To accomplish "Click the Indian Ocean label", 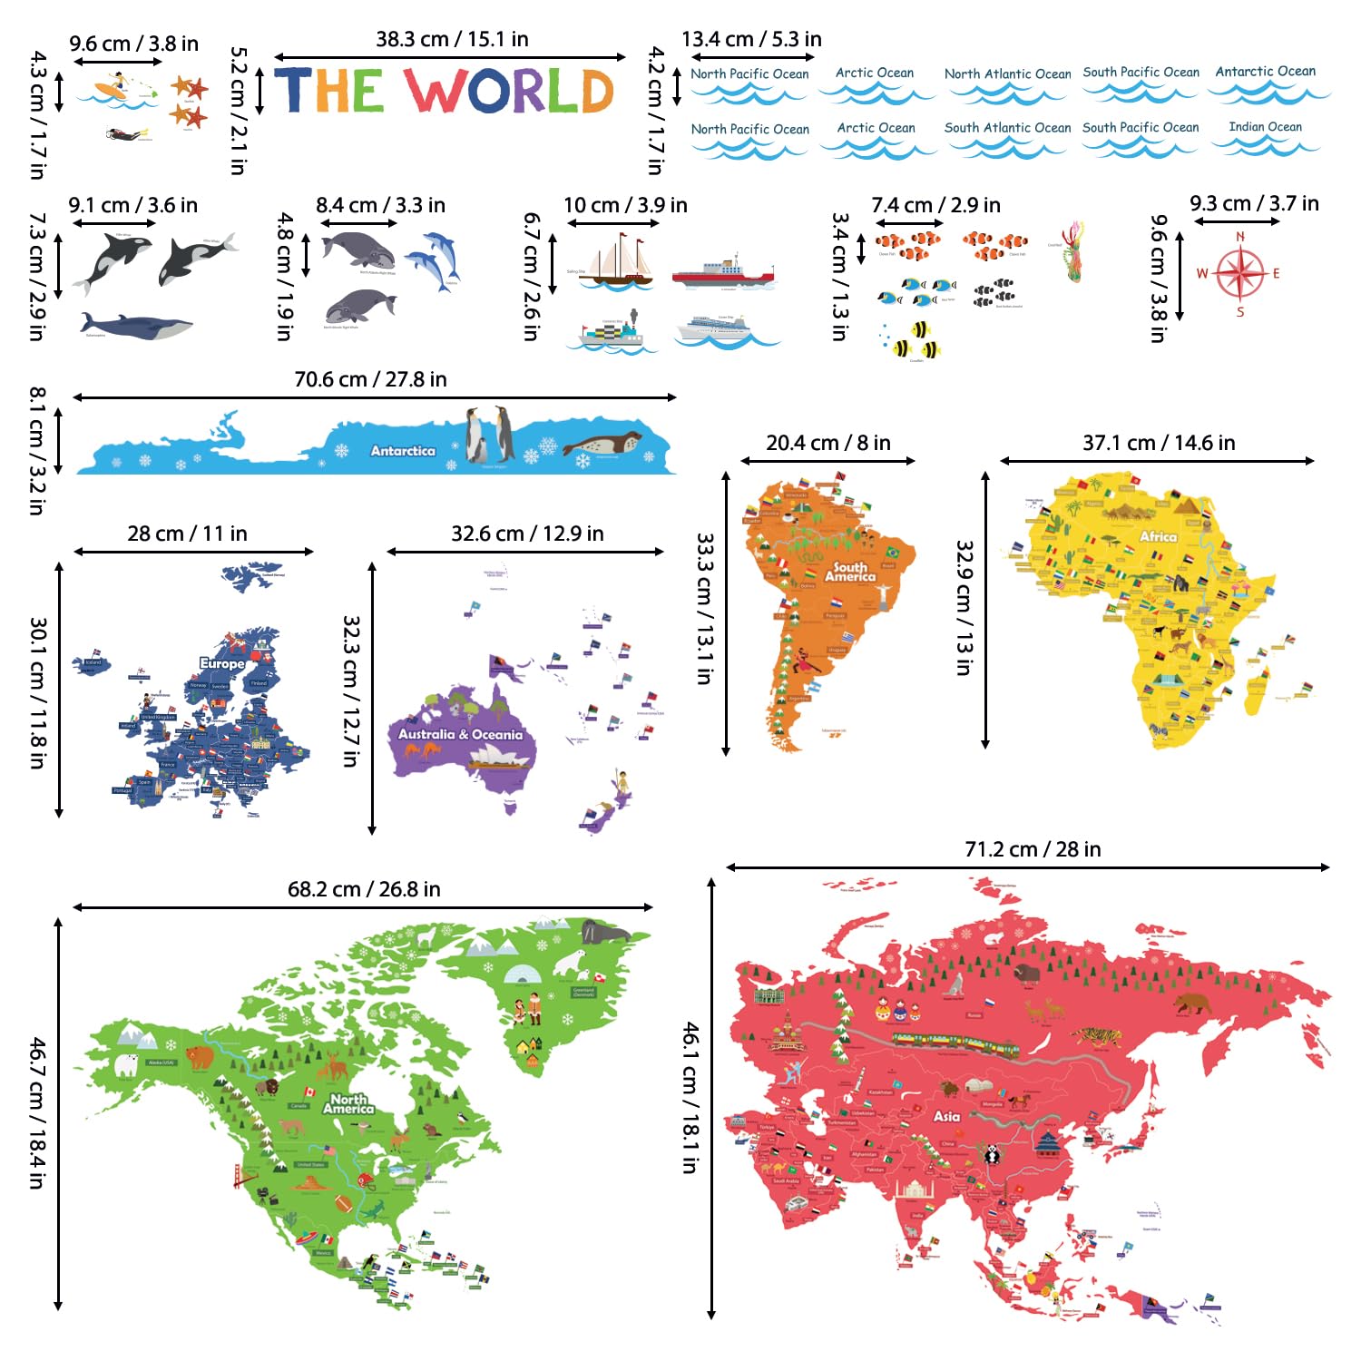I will point(1265,127).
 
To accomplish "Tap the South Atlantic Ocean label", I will point(1007,128).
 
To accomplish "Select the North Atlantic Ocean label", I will point(1007,73).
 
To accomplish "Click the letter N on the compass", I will point(1240,237).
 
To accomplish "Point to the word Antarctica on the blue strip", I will point(403,450).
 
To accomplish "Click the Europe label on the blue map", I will point(222,663).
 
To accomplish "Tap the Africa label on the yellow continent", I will point(1158,536).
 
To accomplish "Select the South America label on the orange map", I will point(850,571).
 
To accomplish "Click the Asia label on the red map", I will point(946,1116).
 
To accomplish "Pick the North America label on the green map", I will point(348,1103).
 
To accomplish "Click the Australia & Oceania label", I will point(460,734).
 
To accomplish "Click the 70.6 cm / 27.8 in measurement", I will point(370,379).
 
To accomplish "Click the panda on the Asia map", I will point(993,1154).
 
